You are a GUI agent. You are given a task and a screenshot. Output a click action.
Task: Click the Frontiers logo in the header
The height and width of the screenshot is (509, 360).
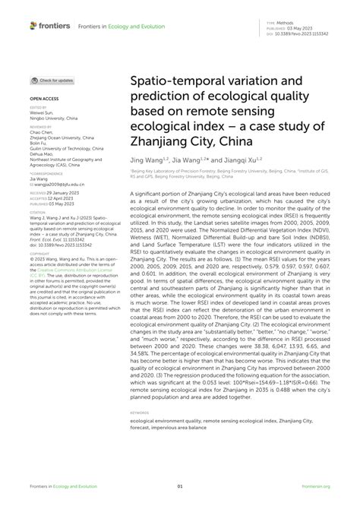pyautogui.click(x=50, y=26)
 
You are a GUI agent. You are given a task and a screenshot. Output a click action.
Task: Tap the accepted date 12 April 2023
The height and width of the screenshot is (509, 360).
pyautogui.click(x=69, y=199)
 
